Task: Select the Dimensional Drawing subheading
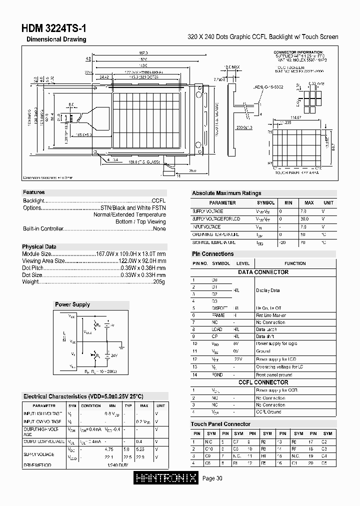click(56, 39)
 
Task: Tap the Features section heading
click(33, 192)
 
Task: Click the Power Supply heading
click(72, 304)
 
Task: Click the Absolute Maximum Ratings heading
click(226, 193)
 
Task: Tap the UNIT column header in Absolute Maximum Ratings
click(328, 203)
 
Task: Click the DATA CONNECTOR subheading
click(263, 272)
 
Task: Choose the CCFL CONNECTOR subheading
click(263, 382)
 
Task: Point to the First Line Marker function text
click(270, 315)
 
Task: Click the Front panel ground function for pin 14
click(273, 374)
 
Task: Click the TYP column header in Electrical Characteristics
click(128, 405)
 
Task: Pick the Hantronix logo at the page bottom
click(167, 478)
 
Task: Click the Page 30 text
click(212, 478)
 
